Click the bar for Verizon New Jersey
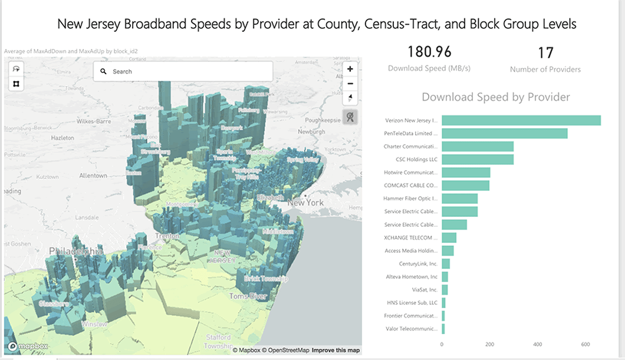coord(521,120)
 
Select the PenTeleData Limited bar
coord(504,133)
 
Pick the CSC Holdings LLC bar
coord(477,159)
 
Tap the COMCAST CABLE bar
coord(465,186)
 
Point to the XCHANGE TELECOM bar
coord(449,237)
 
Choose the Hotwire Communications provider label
coord(411,173)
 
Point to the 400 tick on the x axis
coord(537,344)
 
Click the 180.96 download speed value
coord(429,52)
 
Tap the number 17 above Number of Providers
coord(545,53)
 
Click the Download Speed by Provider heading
coord(496,97)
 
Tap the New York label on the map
coord(306,202)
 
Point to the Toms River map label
coord(248,296)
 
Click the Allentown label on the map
coord(93,176)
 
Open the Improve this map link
coord(335,351)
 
